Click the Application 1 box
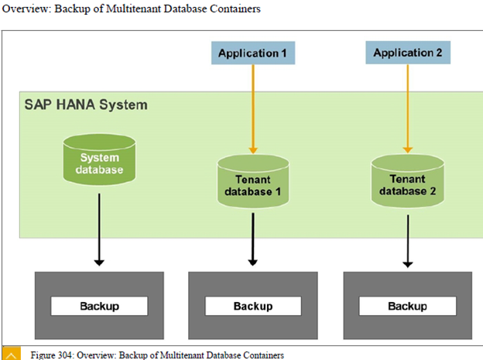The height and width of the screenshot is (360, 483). click(252, 53)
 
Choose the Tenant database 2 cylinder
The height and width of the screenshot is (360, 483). click(407, 180)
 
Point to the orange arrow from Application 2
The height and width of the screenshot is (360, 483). click(407, 108)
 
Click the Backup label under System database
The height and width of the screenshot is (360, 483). click(99, 306)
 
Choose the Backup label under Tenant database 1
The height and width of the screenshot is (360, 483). click(252, 306)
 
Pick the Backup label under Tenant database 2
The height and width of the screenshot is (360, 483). click(407, 306)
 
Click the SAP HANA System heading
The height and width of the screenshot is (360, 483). click(85, 104)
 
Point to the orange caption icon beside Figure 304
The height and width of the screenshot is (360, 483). click(11, 354)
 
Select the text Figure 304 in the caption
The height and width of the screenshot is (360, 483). click(53, 355)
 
